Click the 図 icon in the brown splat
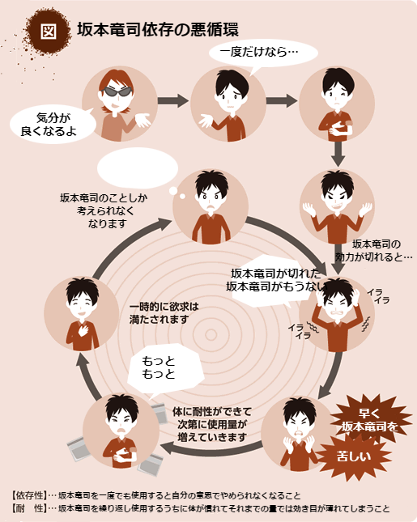point(49,32)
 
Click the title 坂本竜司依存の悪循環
point(158,29)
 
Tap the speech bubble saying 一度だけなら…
point(263,54)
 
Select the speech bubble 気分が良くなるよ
point(51,124)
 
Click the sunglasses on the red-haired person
point(117,91)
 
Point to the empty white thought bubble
point(138,168)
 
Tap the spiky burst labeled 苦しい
point(354,456)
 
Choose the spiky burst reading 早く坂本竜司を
point(370,420)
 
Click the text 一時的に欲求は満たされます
point(164,313)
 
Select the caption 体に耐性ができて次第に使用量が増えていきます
point(212,424)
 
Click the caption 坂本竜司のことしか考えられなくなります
point(104,210)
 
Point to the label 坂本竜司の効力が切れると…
point(374,250)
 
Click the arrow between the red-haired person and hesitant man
point(173,100)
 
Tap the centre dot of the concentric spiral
point(211,334)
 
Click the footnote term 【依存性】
point(28,495)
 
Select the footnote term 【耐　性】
point(28,508)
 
